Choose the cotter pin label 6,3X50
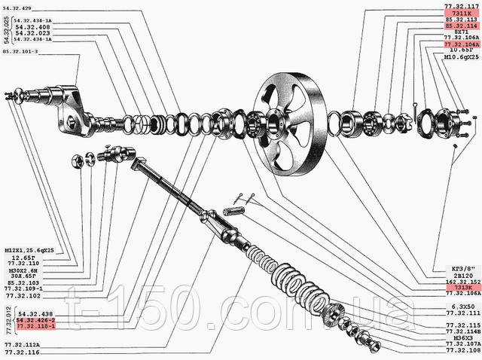pyautogui.click(x=461, y=307)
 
